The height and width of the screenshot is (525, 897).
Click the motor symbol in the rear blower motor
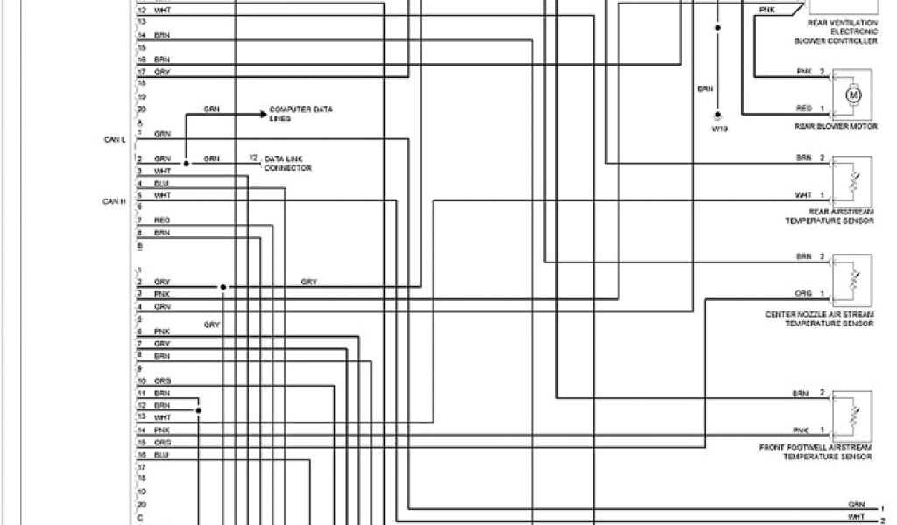[852, 94]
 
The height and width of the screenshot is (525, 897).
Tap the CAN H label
[115, 200]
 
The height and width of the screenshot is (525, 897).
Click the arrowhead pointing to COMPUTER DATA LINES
[262, 114]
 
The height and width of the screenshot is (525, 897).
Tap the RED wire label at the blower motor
[803, 108]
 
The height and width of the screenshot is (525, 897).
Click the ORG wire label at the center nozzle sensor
[803, 294]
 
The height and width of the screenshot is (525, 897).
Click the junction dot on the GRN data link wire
[187, 164]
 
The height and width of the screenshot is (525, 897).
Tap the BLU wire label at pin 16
[161, 456]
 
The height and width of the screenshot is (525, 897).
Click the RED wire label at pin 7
[162, 220]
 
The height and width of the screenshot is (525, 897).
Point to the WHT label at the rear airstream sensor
[803, 194]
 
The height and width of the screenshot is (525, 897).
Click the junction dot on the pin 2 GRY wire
[223, 287]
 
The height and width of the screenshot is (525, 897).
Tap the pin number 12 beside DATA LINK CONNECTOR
[253, 157]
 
